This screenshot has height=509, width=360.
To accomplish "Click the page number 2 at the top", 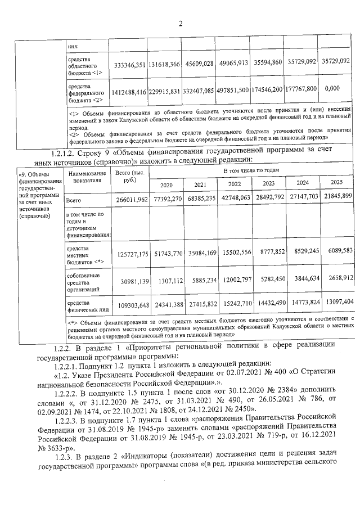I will click(180, 24).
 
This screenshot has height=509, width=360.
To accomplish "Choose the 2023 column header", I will click(268, 183).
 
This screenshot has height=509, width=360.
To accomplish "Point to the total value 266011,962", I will click(130, 200).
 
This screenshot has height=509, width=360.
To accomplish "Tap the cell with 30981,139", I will click(130, 281).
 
